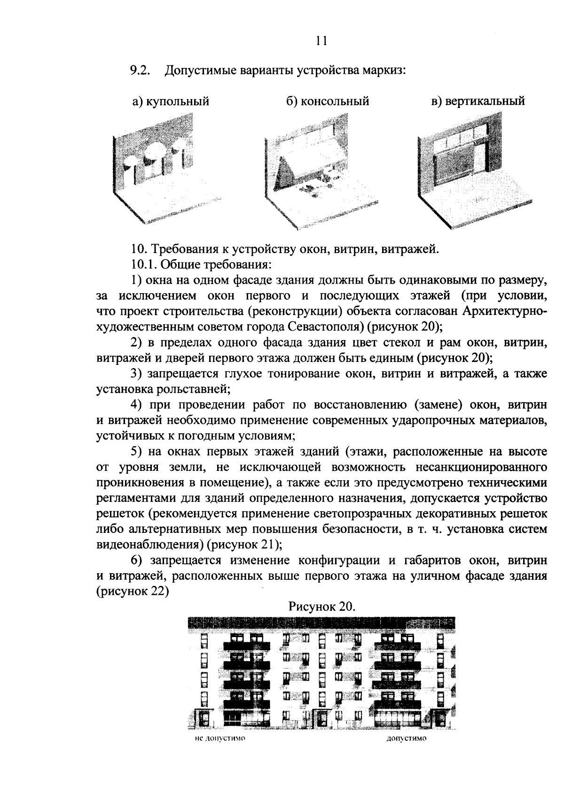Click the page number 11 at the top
(x=321, y=40)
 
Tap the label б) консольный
(x=328, y=101)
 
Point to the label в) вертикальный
(x=478, y=101)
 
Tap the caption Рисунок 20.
(x=321, y=607)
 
